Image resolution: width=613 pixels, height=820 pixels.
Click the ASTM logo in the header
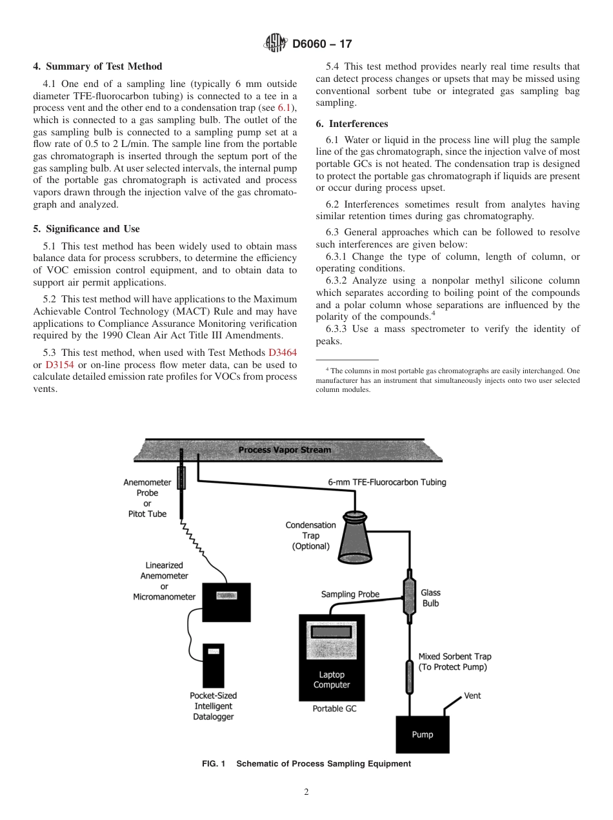point(276,44)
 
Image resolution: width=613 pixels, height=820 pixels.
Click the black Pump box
point(423,734)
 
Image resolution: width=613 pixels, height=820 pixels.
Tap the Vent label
point(472,696)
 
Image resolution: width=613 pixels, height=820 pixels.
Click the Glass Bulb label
point(430,598)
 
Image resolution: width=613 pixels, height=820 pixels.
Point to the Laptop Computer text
point(332,679)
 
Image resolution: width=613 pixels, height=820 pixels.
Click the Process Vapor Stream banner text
point(285,450)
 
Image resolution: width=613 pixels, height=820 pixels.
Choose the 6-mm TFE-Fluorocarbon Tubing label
point(387,482)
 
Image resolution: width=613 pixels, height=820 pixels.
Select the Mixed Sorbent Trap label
point(455,661)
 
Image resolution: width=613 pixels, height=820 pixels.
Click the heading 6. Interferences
point(352,124)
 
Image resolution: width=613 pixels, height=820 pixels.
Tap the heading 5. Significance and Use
point(86,229)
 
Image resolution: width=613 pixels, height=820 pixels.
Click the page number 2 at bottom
point(306,793)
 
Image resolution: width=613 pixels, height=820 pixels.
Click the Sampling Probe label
point(350,594)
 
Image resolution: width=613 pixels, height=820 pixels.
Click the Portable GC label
point(334,708)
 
